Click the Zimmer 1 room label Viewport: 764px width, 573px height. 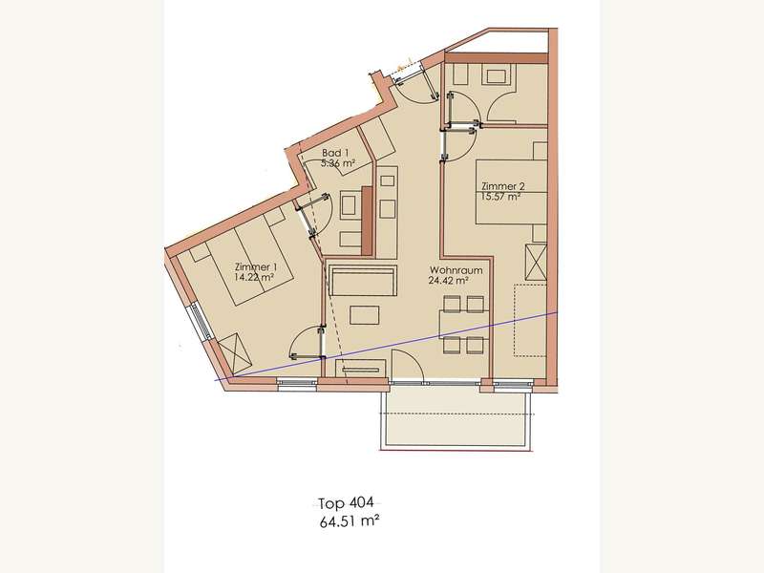pyautogui.click(x=256, y=267)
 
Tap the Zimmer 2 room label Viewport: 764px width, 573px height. pyautogui.click(x=503, y=186)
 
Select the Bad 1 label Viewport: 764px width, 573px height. pyautogui.click(x=335, y=153)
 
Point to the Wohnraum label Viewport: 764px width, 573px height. pyautogui.click(x=456, y=270)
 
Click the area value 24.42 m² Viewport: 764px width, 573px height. pyautogui.click(x=448, y=280)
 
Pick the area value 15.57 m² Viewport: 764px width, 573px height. pyautogui.click(x=500, y=197)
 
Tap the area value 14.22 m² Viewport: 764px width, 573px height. pyautogui.click(x=253, y=278)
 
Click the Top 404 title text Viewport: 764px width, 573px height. pyautogui.click(x=346, y=502)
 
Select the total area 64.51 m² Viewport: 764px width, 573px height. pyautogui.click(x=350, y=521)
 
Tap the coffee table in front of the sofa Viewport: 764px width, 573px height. pyautogui.click(x=365, y=315)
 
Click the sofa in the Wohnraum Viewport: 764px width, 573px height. pyautogui.click(x=363, y=281)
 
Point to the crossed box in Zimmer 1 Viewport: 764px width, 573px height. pyautogui.click(x=235, y=353)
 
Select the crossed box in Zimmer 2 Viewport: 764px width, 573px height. pyautogui.click(x=536, y=263)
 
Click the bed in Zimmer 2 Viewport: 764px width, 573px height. pyautogui.click(x=511, y=192)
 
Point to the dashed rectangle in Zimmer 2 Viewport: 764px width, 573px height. pyautogui.click(x=530, y=320)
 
